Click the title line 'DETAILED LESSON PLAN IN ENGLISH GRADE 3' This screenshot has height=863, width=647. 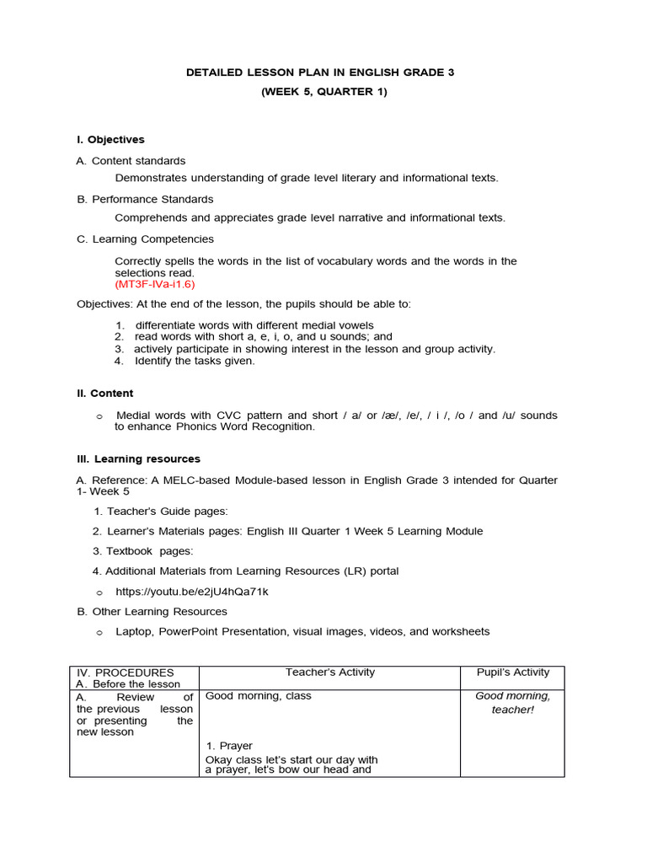[320, 72]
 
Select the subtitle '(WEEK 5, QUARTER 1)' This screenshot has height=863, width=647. [323, 92]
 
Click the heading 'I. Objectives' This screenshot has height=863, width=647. [110, 140]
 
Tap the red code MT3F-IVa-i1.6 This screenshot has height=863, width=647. [155, 284]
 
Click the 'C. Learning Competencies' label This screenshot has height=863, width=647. [145, 239]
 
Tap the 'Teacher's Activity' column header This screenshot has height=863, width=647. [330, 673]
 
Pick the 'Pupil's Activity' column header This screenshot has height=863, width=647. [512, 673]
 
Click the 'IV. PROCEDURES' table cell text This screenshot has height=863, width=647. [126, 673]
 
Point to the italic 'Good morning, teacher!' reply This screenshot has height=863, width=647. [512, 703]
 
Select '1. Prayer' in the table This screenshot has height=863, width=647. [229, 746]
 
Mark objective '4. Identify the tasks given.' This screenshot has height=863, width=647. [184, 361]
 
